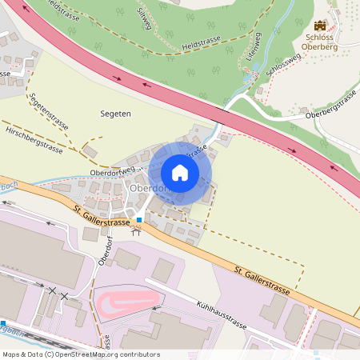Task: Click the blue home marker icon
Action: coord(180,173)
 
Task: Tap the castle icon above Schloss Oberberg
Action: coord(321,26)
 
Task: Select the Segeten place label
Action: coord(116,114)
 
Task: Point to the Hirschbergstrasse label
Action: coord(34,138)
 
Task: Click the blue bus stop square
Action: coord(139,219)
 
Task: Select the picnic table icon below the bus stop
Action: coord(135,233)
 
